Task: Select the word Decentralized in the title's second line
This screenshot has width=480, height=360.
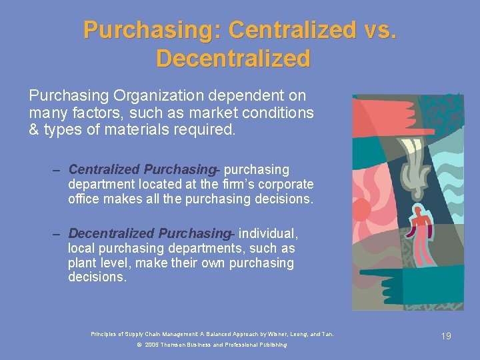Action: (x=233, y=59)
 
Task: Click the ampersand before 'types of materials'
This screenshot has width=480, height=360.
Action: (x=34, y=129)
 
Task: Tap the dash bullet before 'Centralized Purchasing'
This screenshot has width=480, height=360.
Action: (x=57, y=170)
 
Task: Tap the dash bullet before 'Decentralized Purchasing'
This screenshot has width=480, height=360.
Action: (x=57, y=234)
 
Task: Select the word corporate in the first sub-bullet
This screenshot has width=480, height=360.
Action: (x=283, y=184)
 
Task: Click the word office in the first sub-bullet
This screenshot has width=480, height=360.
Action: (x=83, y=198)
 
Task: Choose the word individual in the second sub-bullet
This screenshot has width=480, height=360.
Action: (x=267, y=233)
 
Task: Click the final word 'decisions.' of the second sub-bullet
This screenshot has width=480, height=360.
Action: (x=97, y=277)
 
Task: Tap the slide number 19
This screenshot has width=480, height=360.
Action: (x=446, y=336)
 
